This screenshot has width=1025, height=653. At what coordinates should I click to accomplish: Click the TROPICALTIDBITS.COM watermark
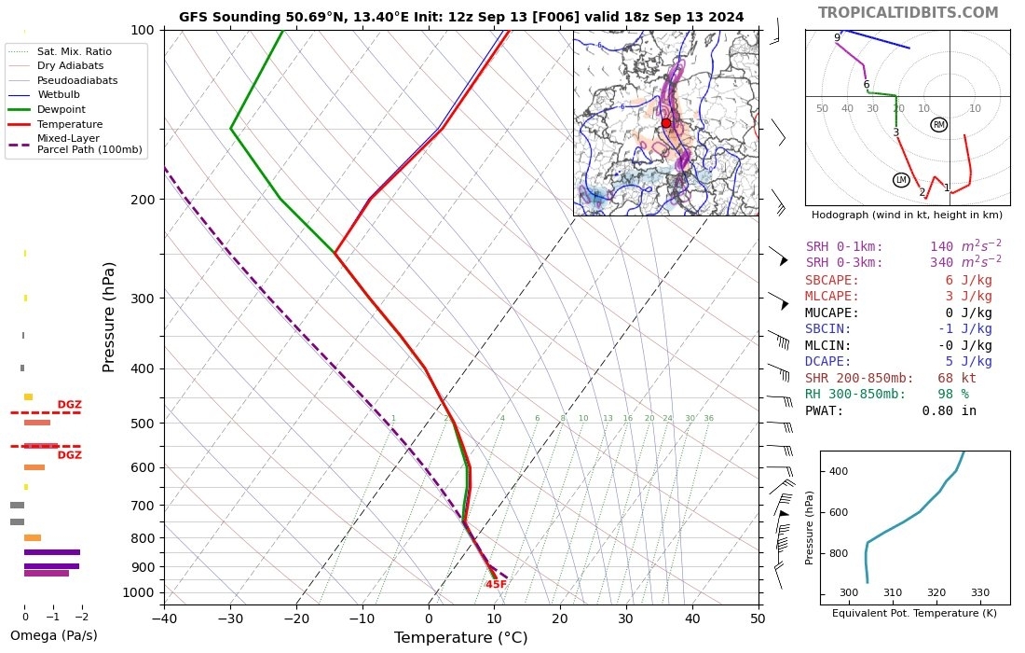pos(908,12)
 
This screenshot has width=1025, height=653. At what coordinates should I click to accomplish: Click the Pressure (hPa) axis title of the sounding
pos(109,316)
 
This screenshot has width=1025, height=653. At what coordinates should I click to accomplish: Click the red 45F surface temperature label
pos(496,585)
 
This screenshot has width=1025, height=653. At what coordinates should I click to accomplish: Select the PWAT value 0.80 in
pos(949,410)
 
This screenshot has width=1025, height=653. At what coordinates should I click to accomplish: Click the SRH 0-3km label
pos(844,263)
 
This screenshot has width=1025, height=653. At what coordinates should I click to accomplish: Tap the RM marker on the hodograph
pos(938,125)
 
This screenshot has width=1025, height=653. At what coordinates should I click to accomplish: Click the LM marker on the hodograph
pos(900,180)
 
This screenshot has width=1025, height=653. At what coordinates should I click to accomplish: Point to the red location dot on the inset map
pos(665,123)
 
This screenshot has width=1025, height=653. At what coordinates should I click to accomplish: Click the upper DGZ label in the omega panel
pos(70,405)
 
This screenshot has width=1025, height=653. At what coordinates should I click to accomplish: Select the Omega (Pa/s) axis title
pos(53,636)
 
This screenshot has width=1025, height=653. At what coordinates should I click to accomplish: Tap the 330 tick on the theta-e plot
pos(980,592)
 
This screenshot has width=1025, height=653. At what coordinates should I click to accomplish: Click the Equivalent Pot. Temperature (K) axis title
pos(913,613)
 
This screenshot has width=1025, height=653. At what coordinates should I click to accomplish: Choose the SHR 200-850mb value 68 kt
pos(957,378)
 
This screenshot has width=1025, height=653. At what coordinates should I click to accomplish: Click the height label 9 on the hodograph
pos(837,38)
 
